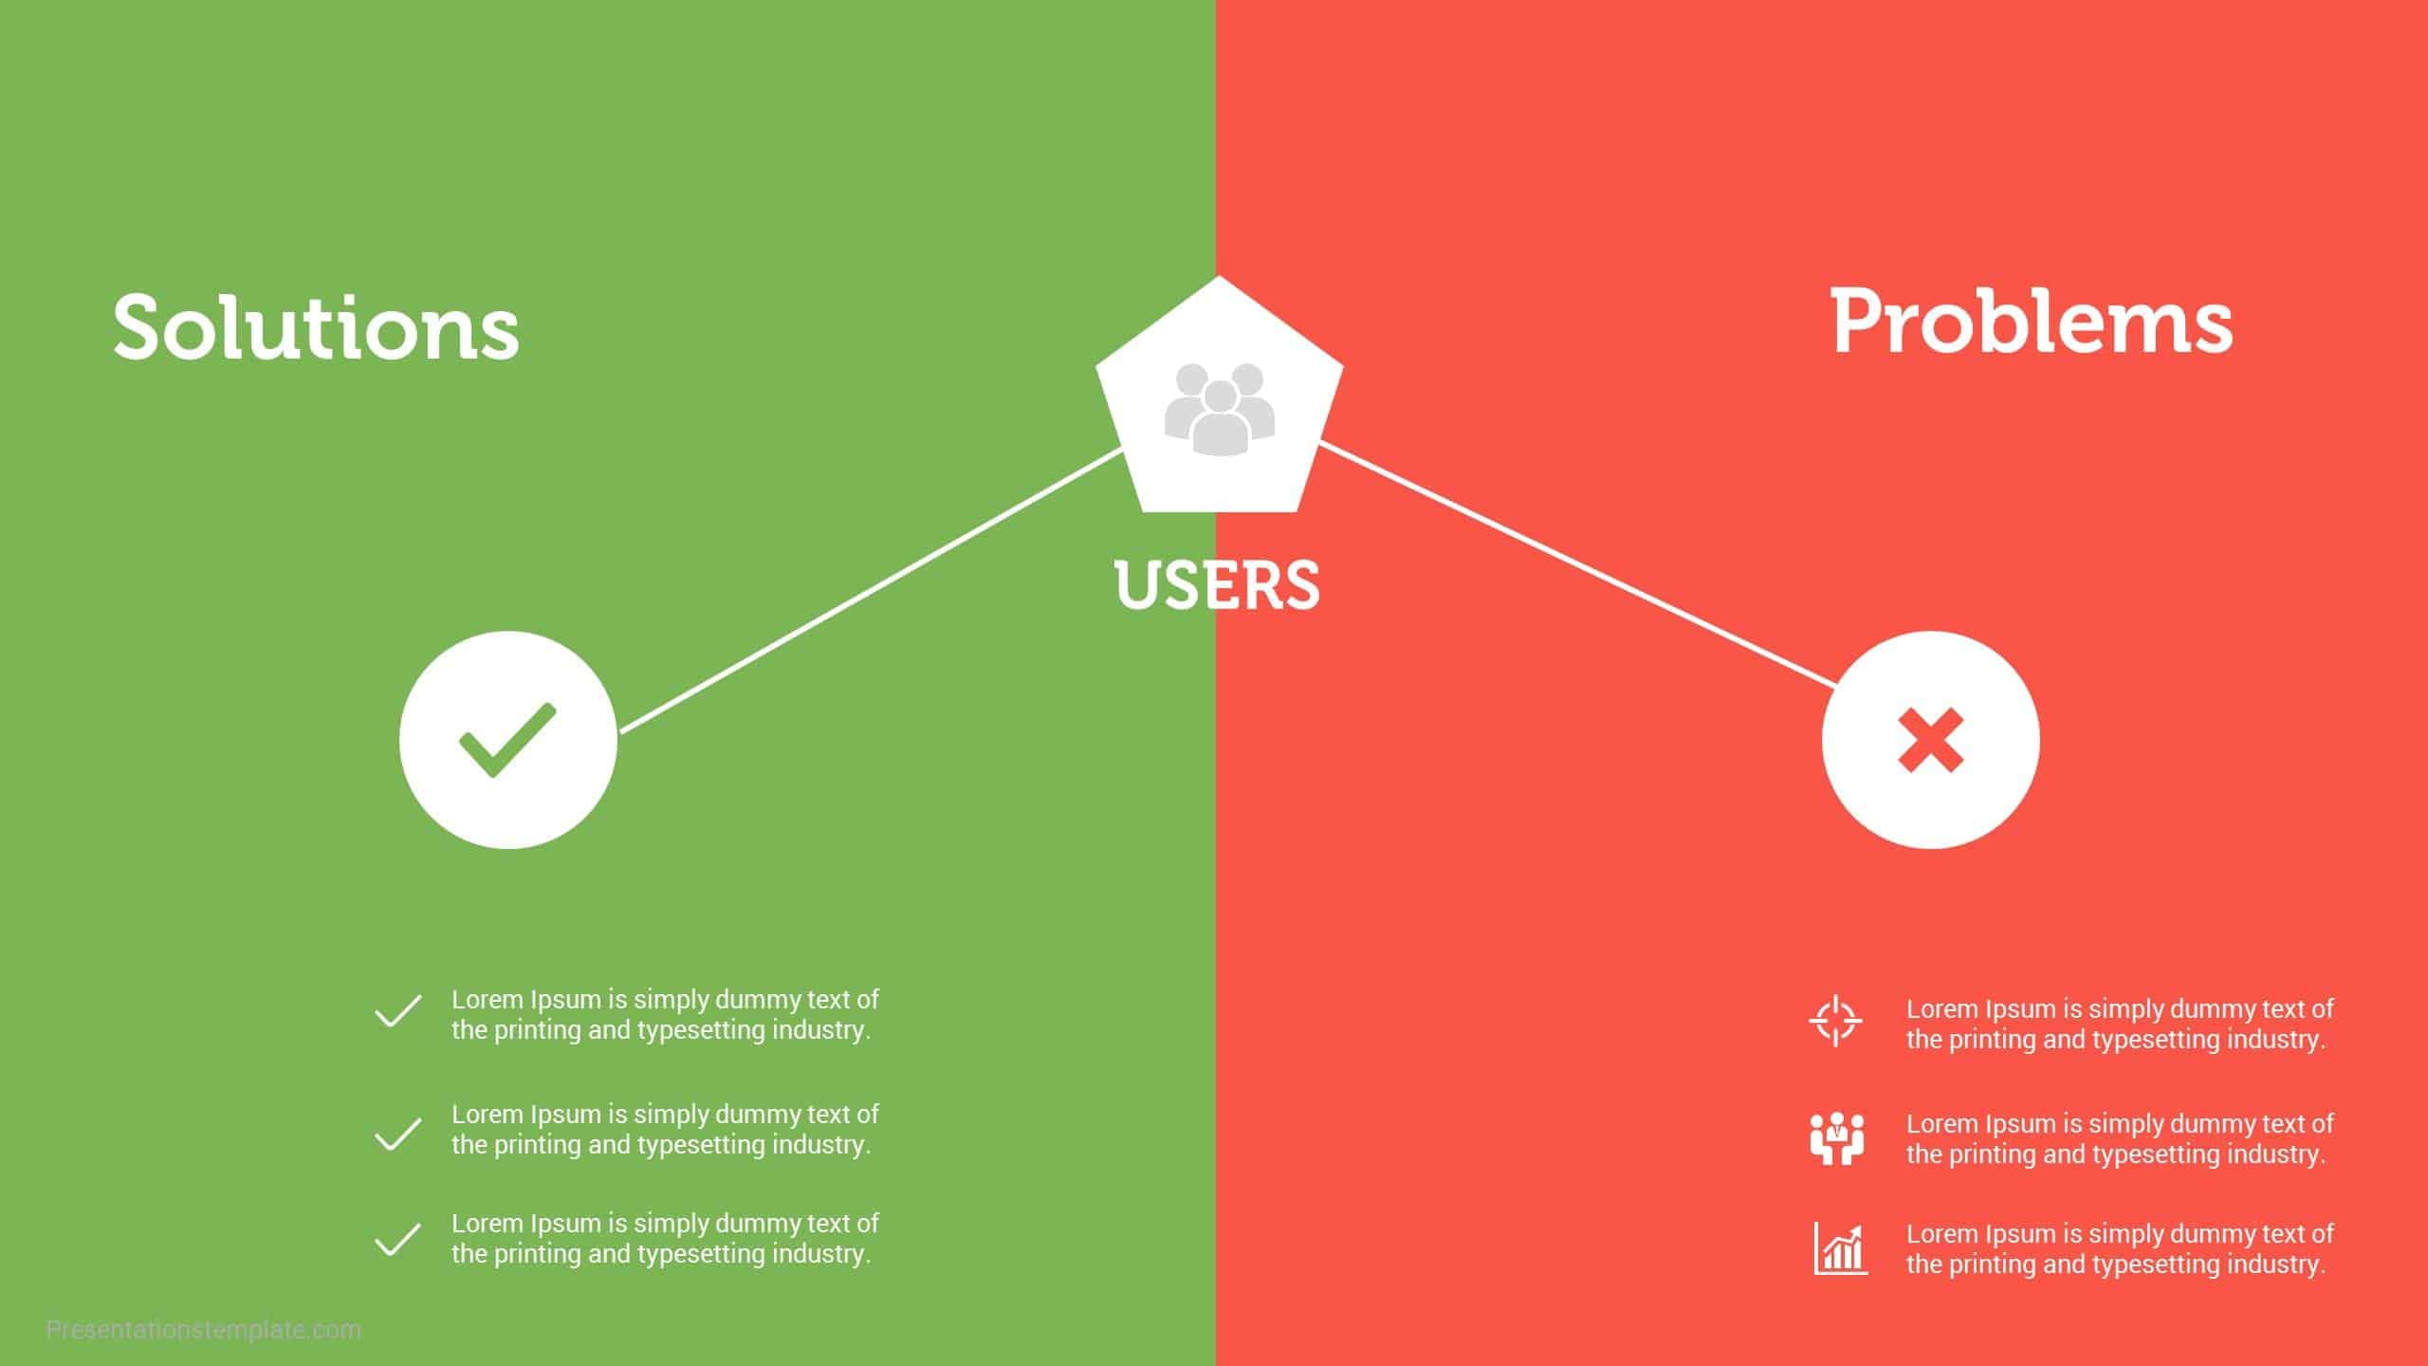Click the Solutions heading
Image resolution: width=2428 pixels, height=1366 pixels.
click(316, 326)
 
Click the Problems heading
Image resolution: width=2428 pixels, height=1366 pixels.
click(2032, 323)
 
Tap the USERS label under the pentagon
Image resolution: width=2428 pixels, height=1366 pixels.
click(1217, 584)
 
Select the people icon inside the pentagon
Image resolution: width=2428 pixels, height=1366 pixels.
click(1219, 408)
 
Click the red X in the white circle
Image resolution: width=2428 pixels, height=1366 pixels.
click(1930, 740)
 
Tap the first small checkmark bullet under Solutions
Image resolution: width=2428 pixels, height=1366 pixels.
click(398, 1011)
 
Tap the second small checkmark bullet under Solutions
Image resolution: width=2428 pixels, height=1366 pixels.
click(398, 1134)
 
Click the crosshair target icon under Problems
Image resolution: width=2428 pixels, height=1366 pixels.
click(1836, 1022)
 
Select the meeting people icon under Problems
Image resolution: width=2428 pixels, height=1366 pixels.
click(1837, 1138)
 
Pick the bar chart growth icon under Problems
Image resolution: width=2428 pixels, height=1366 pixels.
click(1840, 1248)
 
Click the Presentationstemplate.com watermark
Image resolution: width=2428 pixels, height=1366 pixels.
click(204, 1330)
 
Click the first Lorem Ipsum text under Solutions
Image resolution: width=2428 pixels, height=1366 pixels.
click(664, 1015)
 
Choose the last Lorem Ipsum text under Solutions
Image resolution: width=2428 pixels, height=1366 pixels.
click(664, 1239)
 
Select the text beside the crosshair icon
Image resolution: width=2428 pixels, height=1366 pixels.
click(2120, 1024)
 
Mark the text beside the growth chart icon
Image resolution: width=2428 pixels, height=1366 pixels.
click(2120, 1248)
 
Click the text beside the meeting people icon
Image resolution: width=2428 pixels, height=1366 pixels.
click(2120, 1138)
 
